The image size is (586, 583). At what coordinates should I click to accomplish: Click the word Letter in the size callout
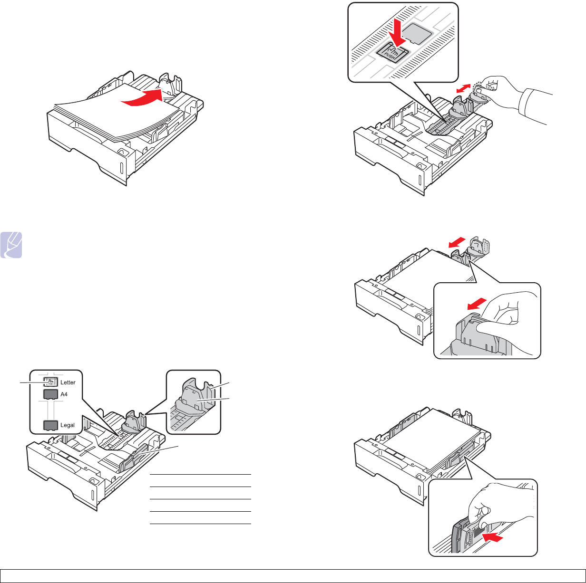point(67,382)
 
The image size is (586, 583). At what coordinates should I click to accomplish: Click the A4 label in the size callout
point(63,394)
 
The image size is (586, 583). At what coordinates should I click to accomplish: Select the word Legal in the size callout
point(67,425)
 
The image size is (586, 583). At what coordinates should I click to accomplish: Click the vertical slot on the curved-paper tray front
point(121,168)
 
